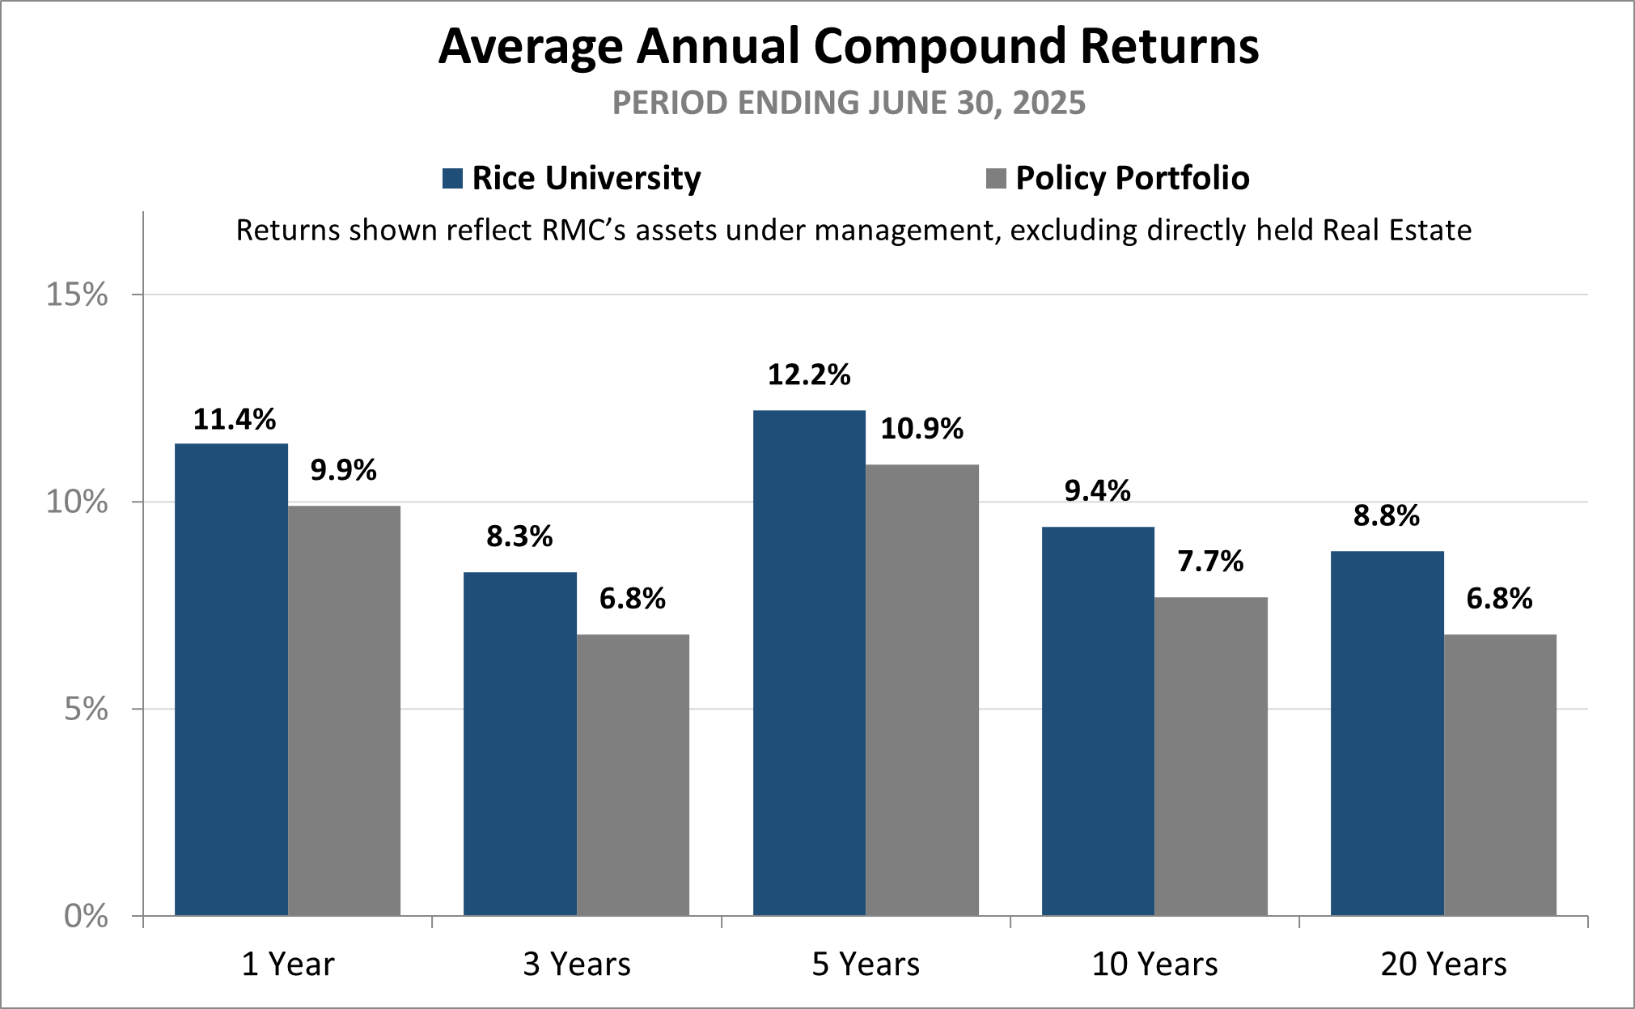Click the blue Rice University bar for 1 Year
[231, 680]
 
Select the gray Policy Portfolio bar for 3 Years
[633, 775]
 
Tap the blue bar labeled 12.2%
[809, 663]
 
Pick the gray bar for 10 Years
[1210, 757]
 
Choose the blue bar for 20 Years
[1387, 733]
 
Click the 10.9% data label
[921, 429]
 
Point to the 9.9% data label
[343, 470]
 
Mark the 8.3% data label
[519, 536]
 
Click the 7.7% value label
[1210, 562]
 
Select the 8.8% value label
[1386, 516]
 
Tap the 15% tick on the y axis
[77, 295]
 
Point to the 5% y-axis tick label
[86, 710]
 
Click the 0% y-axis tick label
[86, 917]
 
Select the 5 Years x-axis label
[866, 964]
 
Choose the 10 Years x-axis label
[1154, 964]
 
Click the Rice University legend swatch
[452, 179]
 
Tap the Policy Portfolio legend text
[1132, 179]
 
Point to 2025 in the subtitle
[1049, 104]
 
